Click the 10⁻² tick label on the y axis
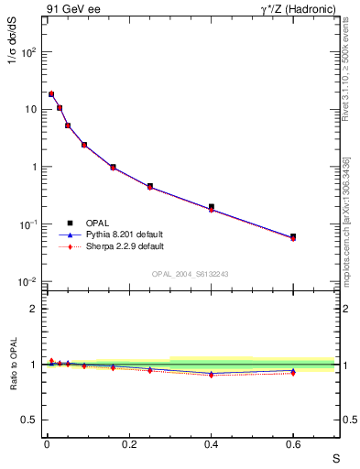pos(28,282)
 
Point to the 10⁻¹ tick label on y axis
pos(28,224)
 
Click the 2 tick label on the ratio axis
pos(34,309)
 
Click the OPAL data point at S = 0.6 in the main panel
pos(293,236)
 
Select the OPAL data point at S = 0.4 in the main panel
pos(211,207)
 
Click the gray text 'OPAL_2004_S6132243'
pos(190,274)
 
